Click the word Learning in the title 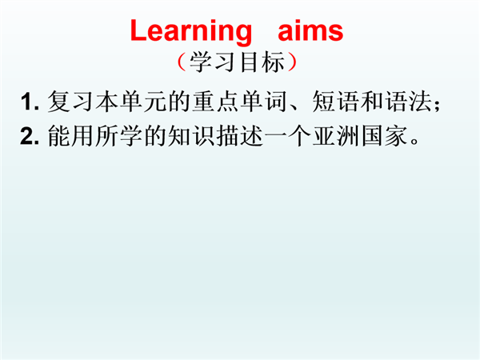coord(191,32)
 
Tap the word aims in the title coord(310,30)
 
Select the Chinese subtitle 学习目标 coord(237,62)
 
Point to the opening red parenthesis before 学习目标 coord(182,62)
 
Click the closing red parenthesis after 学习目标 coord(292,62)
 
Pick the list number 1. coord(30,102)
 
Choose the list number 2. coord(30,136)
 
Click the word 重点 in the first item coord(215,102)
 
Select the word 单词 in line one coord(263,102)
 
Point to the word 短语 coord(335,102)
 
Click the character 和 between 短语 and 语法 coord(371,102)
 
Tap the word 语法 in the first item coord(408,102)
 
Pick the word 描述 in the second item coord(239,136)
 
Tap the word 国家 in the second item coord(384,136)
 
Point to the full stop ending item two coord(415,142)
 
